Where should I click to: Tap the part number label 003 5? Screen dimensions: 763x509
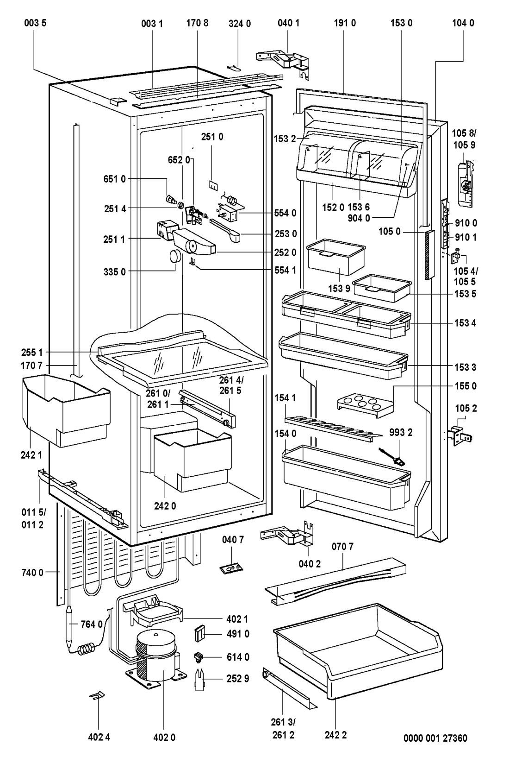coord(35,22)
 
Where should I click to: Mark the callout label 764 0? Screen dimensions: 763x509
coord(92,624)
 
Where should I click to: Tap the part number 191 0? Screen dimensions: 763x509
coord(345,22)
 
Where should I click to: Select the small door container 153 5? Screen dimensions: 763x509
coord(381,288)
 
